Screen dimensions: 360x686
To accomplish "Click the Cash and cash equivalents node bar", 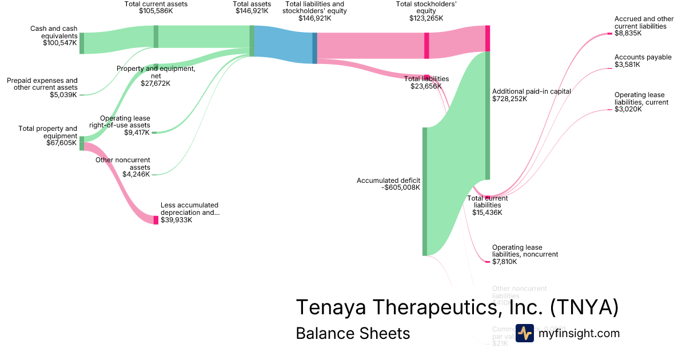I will [x=82, y=43].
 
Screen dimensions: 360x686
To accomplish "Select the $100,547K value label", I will [x=59, y=43].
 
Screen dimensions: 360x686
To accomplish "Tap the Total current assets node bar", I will [x=155, y=37].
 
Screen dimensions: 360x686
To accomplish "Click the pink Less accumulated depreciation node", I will [x=155, y=220].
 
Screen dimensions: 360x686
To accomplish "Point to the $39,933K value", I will [x=176, y=219].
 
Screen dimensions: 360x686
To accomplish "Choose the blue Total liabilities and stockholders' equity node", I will [x=314, y=49].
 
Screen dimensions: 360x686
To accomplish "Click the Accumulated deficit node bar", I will [x=425, y=191].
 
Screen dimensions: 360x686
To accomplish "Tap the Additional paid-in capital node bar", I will [x=488, y=115].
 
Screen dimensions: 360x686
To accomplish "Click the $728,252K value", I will [x=509, y=99].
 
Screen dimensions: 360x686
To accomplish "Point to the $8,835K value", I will [x=628, y=34].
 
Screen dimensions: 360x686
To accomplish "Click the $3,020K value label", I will [x=628, y=109].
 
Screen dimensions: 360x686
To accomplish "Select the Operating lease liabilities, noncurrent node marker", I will [x=488, y=262].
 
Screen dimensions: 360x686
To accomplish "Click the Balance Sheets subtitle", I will [x=353, y=334].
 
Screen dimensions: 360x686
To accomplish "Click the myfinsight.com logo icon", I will [x=524, y=333].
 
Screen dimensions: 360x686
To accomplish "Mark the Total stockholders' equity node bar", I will [x=426, y=46].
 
